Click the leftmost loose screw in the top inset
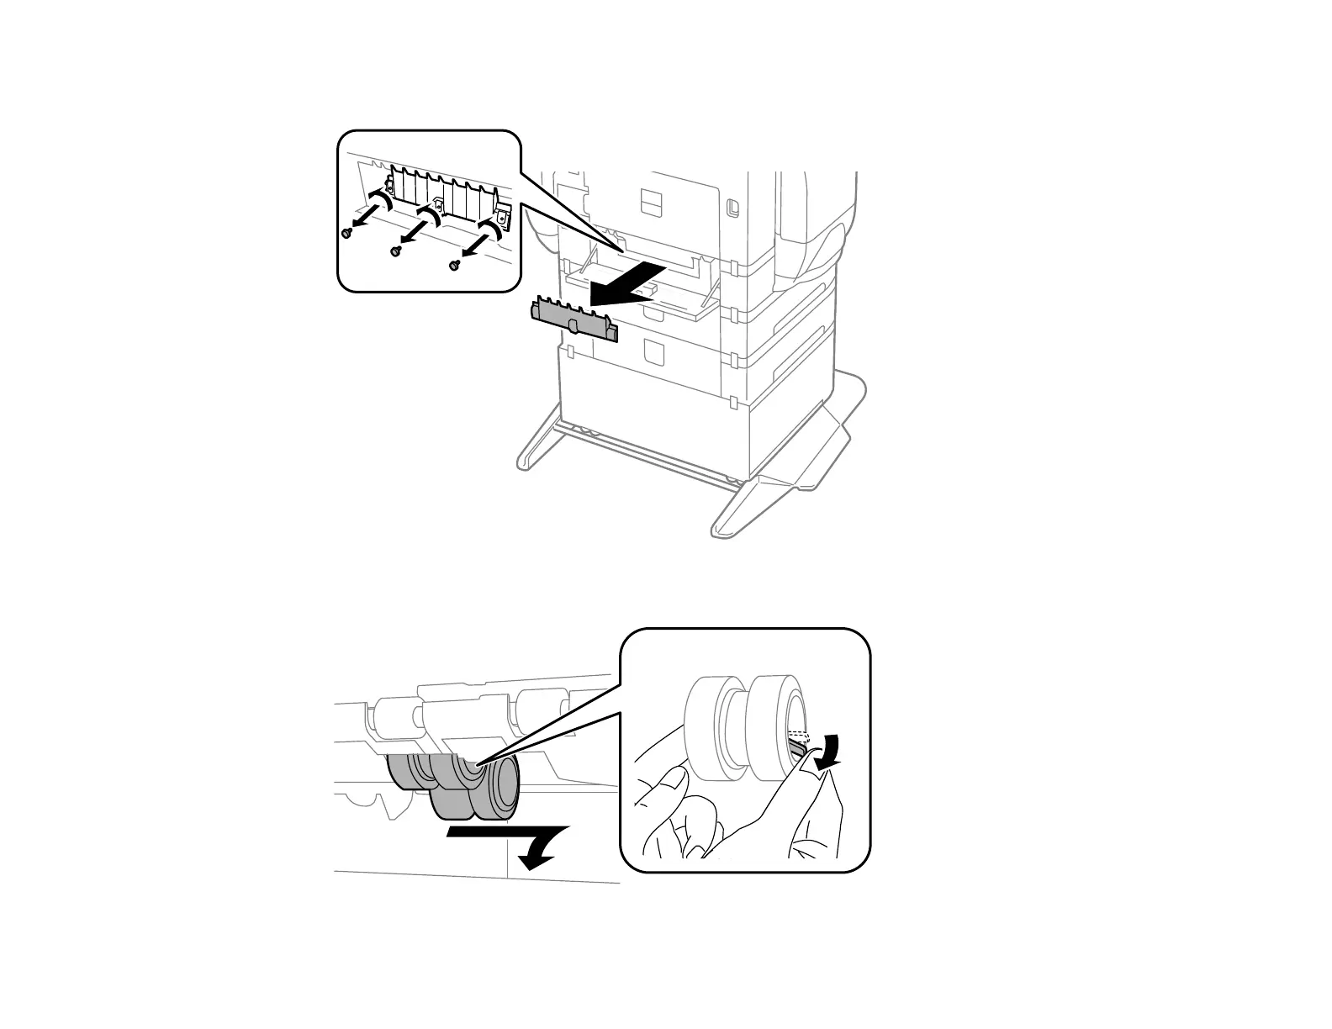[346, 233]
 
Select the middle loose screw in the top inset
[396, 251]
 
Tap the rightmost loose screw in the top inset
[454, 265]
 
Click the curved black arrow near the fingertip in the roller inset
[832, 749]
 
